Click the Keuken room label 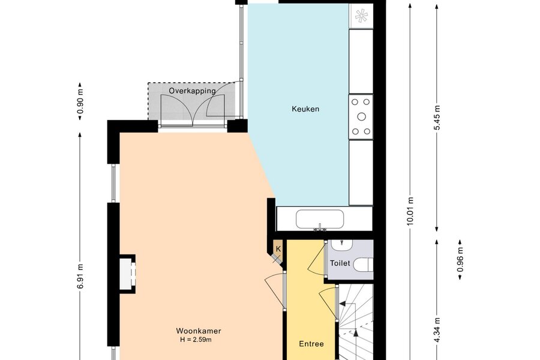[305, 109]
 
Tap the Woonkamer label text [199, 331]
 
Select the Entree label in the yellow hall [311, 344]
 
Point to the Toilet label [340, 263]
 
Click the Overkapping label [192, 91]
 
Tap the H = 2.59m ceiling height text [196, 340]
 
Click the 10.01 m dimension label [410, 211]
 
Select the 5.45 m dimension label [437, 118]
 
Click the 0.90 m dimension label [80, 101]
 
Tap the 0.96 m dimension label [460, 260]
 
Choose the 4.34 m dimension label [437, 329]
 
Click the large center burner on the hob [361, 117]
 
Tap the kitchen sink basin [320, 219]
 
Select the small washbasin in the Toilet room [341, 245]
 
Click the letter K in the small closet [278, 249]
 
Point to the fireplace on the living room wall [127, 274]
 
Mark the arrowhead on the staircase [343, 304]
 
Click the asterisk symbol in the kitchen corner [361, 16]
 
